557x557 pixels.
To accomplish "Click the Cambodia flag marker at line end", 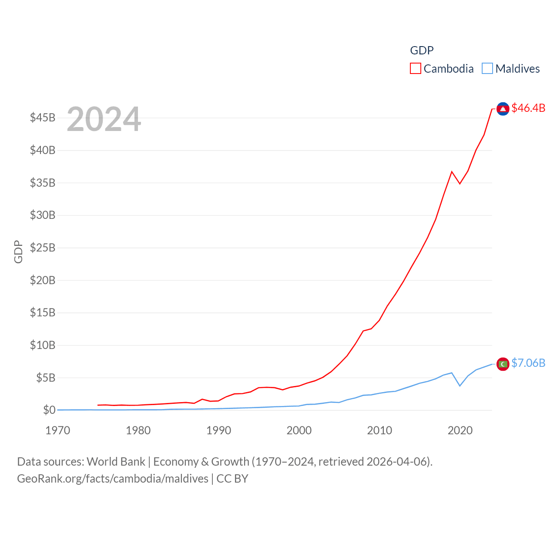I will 503,109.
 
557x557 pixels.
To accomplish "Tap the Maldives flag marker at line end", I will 503,364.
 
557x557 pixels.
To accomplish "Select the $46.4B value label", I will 528,108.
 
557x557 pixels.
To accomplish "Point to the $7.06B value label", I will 528,363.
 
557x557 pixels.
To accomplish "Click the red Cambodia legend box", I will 416,69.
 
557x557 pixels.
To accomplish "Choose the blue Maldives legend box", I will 487,69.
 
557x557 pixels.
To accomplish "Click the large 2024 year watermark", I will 104,119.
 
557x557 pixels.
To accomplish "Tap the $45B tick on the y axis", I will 43,118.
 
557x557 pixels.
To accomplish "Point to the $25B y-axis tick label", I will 43,248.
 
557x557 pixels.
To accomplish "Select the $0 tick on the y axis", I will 49,410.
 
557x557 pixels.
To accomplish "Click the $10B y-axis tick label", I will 43,346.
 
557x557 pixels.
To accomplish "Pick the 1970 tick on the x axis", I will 58,431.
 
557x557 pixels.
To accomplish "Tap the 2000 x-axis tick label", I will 299,431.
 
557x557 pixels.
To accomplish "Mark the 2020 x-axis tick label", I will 460,431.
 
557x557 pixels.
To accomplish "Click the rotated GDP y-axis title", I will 18,252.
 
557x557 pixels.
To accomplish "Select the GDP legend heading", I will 422,50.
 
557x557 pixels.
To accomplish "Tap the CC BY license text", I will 232,479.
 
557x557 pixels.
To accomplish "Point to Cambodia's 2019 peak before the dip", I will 452,171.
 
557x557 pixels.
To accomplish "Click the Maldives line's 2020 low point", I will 460,386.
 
